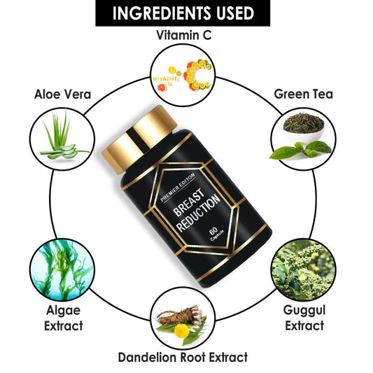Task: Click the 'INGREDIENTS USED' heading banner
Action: click(x=183, y=13)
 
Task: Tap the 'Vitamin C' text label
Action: click(x=183, y=35)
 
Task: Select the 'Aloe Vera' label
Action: click(x=62, y=94)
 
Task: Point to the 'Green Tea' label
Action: click(x=303, y=94)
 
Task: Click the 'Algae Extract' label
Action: click(x=64, y=318)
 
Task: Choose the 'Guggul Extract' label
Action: click(x=304, y=318)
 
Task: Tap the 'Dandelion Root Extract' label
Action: click(x=183, y=358)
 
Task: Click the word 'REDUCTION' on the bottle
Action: click(x=199, y=213)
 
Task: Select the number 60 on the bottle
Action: click(x=213, y=231)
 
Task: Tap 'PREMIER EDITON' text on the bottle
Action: click(x=178, y=188)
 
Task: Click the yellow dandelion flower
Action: click(x=181, y=330)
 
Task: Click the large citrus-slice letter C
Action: click(x=197, y=75)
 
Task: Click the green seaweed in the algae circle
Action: click(x=62, y=269)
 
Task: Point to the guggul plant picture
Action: click(x=303, y=269)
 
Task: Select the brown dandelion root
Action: click(x=180, y=316)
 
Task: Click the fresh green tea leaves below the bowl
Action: click(x=300, y=150)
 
